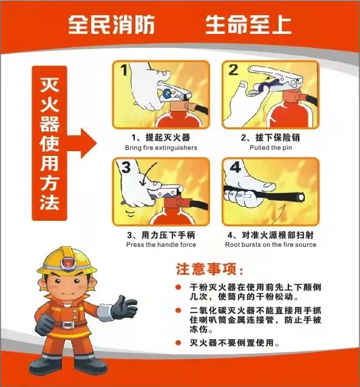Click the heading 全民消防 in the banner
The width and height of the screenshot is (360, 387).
[112, 24]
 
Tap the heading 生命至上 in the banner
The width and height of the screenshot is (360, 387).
[248, 24]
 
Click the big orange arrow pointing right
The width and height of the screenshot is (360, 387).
[82, 143]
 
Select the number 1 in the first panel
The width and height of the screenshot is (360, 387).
[124, 70]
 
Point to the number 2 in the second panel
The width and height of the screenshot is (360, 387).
[233, 70]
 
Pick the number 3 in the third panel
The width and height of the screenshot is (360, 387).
[126, 167]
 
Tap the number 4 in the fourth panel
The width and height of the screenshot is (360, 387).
[236, 167]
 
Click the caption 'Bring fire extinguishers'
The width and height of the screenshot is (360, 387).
[161, 147]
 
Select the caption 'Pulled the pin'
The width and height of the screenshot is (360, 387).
[271, 147]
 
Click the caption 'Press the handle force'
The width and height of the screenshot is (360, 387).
[161, 244]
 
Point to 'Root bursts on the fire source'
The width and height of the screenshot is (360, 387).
[271, 244]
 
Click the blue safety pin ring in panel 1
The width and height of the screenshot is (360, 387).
[168, 93]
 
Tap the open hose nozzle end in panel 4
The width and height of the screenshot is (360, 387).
[301, 197]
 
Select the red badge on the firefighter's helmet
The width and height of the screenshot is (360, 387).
[67, 263]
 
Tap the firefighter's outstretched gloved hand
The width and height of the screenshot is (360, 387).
[124, 308]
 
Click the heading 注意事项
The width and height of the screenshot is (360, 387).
[210, 269]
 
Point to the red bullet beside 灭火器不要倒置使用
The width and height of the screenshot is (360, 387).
[178, 343]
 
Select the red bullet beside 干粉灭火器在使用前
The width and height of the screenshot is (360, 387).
[178, 287]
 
